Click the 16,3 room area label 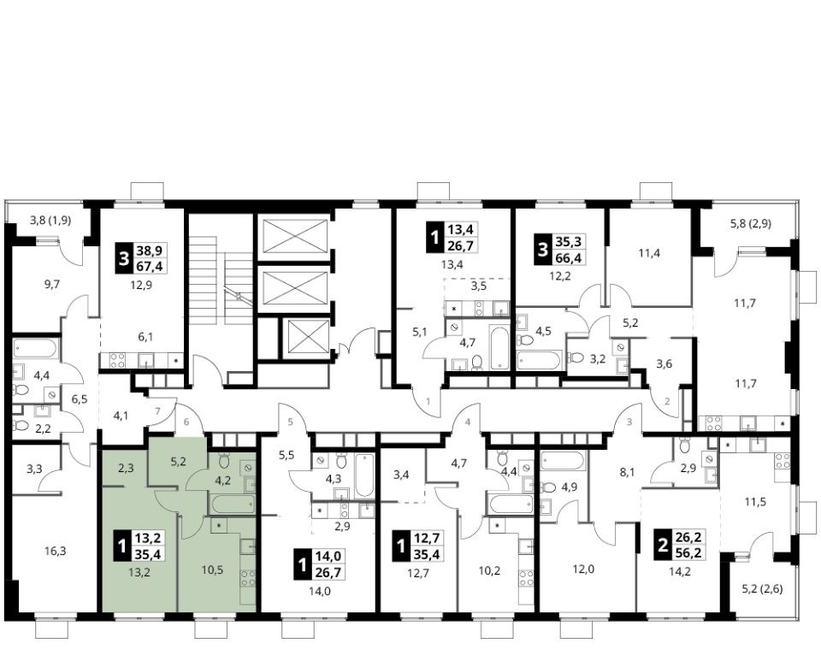(56, 551)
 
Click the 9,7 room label (52, 284)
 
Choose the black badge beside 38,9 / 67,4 (123, 258)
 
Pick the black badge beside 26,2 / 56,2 (663, 546)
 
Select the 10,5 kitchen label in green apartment (213, 570)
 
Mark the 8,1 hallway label (627, 473)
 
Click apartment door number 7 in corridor (158, 410)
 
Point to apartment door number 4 (468, 422)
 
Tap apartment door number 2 (667, 402)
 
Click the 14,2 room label (680, 572)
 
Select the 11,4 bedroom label (650, 253)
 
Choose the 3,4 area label (401, 475)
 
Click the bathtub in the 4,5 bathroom (540, 360)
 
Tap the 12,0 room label (584, 569)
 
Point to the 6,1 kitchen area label (145, 337)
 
